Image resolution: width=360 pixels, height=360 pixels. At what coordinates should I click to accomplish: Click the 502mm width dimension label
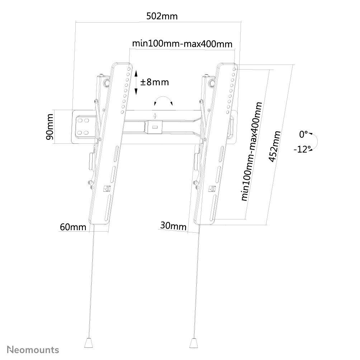click(x=162, y=16)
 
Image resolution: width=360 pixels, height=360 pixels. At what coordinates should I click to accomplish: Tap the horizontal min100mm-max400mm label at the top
click(x=182, y=43)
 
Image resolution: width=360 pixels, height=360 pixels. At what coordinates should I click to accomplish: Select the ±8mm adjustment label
click(x=154, y=82)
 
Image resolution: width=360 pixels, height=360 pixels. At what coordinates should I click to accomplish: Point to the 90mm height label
click(x=50, y=127)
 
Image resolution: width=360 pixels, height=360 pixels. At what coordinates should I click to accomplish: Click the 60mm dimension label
click(x=73, y=227)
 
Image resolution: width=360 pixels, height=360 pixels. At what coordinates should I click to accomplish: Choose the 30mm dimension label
click(x=173, y=226)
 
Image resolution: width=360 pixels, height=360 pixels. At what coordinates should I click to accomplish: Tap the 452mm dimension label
click(x=275, y=147)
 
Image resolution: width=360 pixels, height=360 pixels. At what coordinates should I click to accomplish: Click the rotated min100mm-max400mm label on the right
click(x=251, y=152)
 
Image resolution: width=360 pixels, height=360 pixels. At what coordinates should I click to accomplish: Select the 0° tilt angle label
click(x=303, y=134)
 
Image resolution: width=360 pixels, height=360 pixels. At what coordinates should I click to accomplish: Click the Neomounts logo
click(x=33, y=350)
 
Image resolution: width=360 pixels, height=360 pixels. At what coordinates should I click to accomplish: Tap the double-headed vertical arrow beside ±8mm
click(x=136, y=82)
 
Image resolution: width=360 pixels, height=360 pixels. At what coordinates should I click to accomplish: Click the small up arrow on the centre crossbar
click(x=155, y=115)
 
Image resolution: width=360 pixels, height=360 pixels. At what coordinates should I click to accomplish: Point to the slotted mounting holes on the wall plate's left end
click(x=83, y=127)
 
